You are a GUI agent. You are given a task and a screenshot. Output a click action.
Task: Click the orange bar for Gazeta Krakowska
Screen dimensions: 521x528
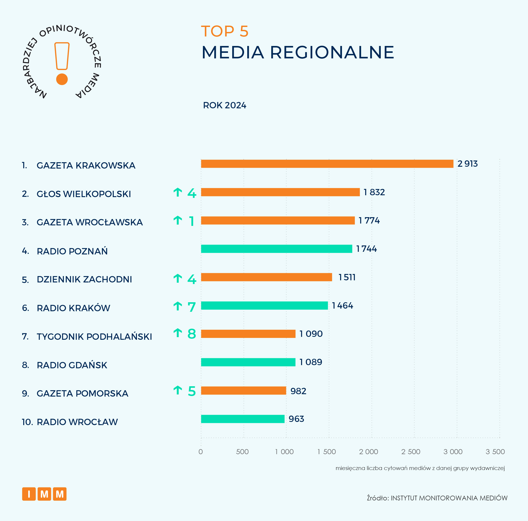[327, 164]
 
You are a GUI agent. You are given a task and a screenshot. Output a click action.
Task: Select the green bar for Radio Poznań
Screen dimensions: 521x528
[276, 249]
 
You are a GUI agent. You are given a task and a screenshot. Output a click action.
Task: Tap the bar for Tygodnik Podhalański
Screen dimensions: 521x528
[248, 334]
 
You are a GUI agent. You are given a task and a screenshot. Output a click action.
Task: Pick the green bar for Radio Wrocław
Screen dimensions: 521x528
[243, 419]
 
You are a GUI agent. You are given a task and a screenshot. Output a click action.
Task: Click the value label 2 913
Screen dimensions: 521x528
[467, 164]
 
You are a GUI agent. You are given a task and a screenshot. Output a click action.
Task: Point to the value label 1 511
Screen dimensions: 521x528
[347, 277]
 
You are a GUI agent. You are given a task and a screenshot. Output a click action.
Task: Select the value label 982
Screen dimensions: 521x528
[298, 391]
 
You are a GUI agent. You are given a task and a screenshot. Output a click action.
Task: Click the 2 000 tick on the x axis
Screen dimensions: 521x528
[368, 452]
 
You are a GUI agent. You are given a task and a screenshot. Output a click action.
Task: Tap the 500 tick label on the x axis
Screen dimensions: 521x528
[242, 452]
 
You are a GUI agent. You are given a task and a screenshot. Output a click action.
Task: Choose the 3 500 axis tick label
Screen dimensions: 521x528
[495, 452]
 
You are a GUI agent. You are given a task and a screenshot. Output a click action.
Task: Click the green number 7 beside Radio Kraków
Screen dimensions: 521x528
[192, 307]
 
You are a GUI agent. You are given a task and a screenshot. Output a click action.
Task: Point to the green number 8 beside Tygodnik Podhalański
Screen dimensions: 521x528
[192, 334]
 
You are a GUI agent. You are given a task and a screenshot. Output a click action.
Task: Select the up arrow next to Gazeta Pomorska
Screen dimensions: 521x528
[178, 390]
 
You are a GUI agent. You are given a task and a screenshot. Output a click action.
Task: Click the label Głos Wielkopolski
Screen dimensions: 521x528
[84, 194]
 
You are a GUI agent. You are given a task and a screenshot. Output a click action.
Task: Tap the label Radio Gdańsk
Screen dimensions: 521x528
[72, 365]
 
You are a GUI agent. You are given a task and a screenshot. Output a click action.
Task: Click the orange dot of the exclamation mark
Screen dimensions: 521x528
[62, 79]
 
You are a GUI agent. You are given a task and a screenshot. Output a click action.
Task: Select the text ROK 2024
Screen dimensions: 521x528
[224, 105]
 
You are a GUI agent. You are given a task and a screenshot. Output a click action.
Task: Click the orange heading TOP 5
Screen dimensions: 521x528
[225, 31]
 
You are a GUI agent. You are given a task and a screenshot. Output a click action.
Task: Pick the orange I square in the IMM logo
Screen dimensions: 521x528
[29, 494]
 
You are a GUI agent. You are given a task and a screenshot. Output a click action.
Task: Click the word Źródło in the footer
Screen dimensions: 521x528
[377, 498]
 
